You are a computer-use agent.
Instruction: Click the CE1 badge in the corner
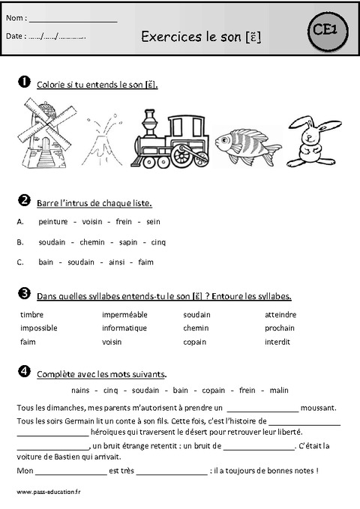[328, 30]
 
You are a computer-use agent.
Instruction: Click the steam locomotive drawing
[171, 139]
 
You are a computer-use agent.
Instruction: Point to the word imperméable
[124, 315]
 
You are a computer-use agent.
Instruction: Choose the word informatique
[124, 328]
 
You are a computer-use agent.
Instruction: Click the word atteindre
[280, 315]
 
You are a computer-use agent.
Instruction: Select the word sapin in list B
[130, 242]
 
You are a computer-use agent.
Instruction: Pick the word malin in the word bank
[279, 391]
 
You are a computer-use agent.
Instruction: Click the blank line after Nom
[73, 19]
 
